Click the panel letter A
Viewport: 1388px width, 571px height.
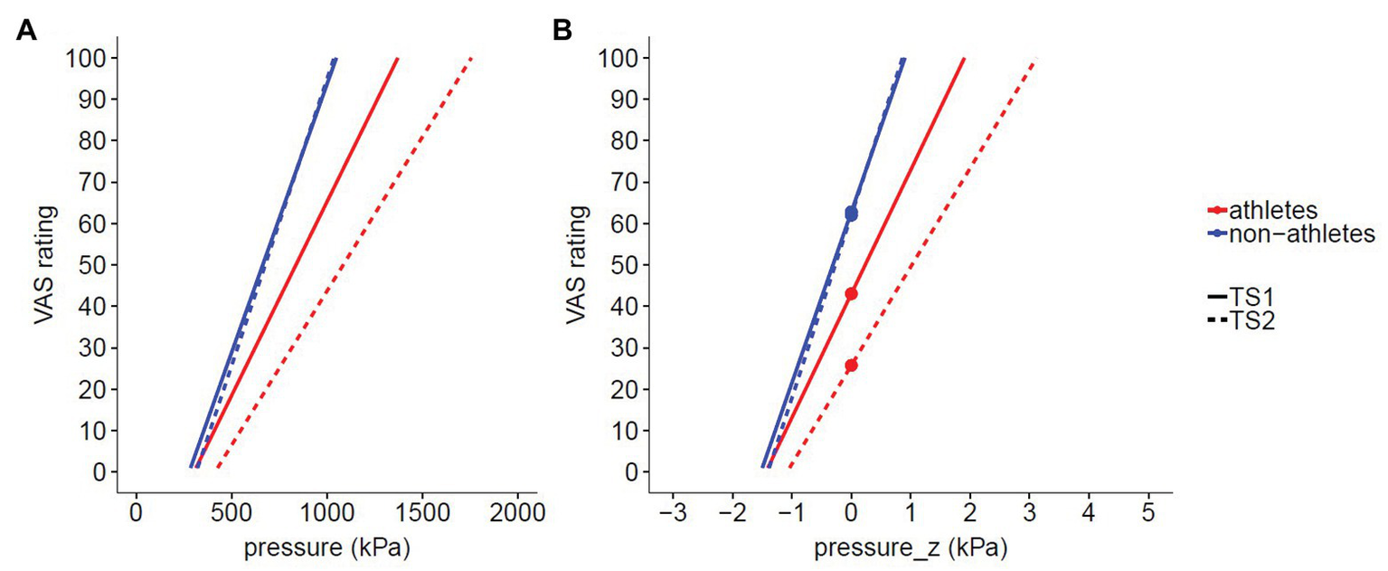tap(27, 31)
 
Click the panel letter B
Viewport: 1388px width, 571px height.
tap(562, 31)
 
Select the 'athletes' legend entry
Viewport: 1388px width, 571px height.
tap(1270, 210)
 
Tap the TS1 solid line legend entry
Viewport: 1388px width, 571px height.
tap(1242, 297)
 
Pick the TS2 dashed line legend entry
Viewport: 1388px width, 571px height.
tap(1242, 320)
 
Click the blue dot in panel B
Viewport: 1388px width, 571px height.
tap(851, 214)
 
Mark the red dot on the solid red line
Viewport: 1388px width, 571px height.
tap(851, 294)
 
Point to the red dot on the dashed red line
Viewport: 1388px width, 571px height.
tap(851, 366)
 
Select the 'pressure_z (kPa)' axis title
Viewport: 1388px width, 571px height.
tap(911, 549)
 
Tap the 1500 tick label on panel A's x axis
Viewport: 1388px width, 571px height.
tap(423, 513)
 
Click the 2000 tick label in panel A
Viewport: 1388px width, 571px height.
tap(518, 513)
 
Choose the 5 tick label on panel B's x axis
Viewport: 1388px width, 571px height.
tap(1147, 513)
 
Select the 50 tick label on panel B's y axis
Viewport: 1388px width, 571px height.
tap(618, 265)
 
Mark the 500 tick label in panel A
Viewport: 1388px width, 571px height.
tap(231, 513)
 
